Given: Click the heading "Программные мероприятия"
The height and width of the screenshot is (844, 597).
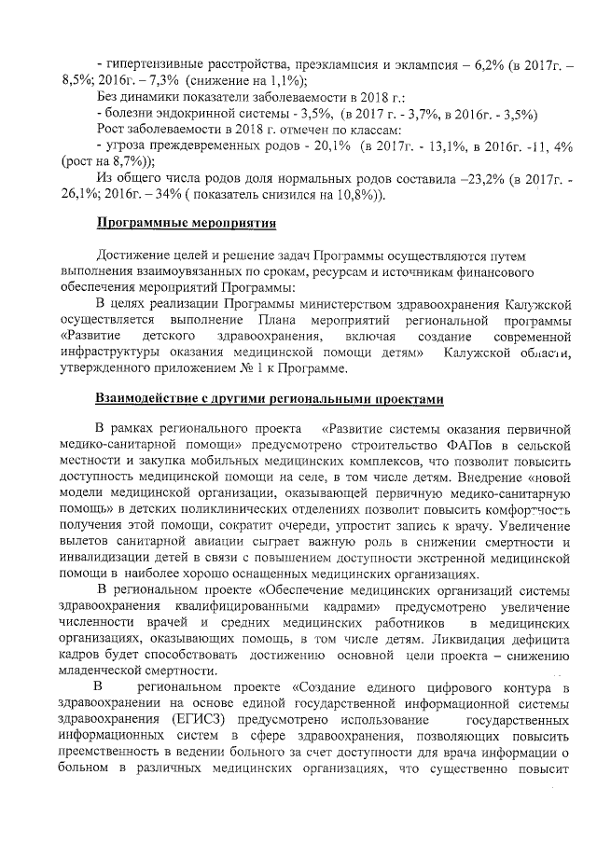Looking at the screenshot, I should point(187,223).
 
